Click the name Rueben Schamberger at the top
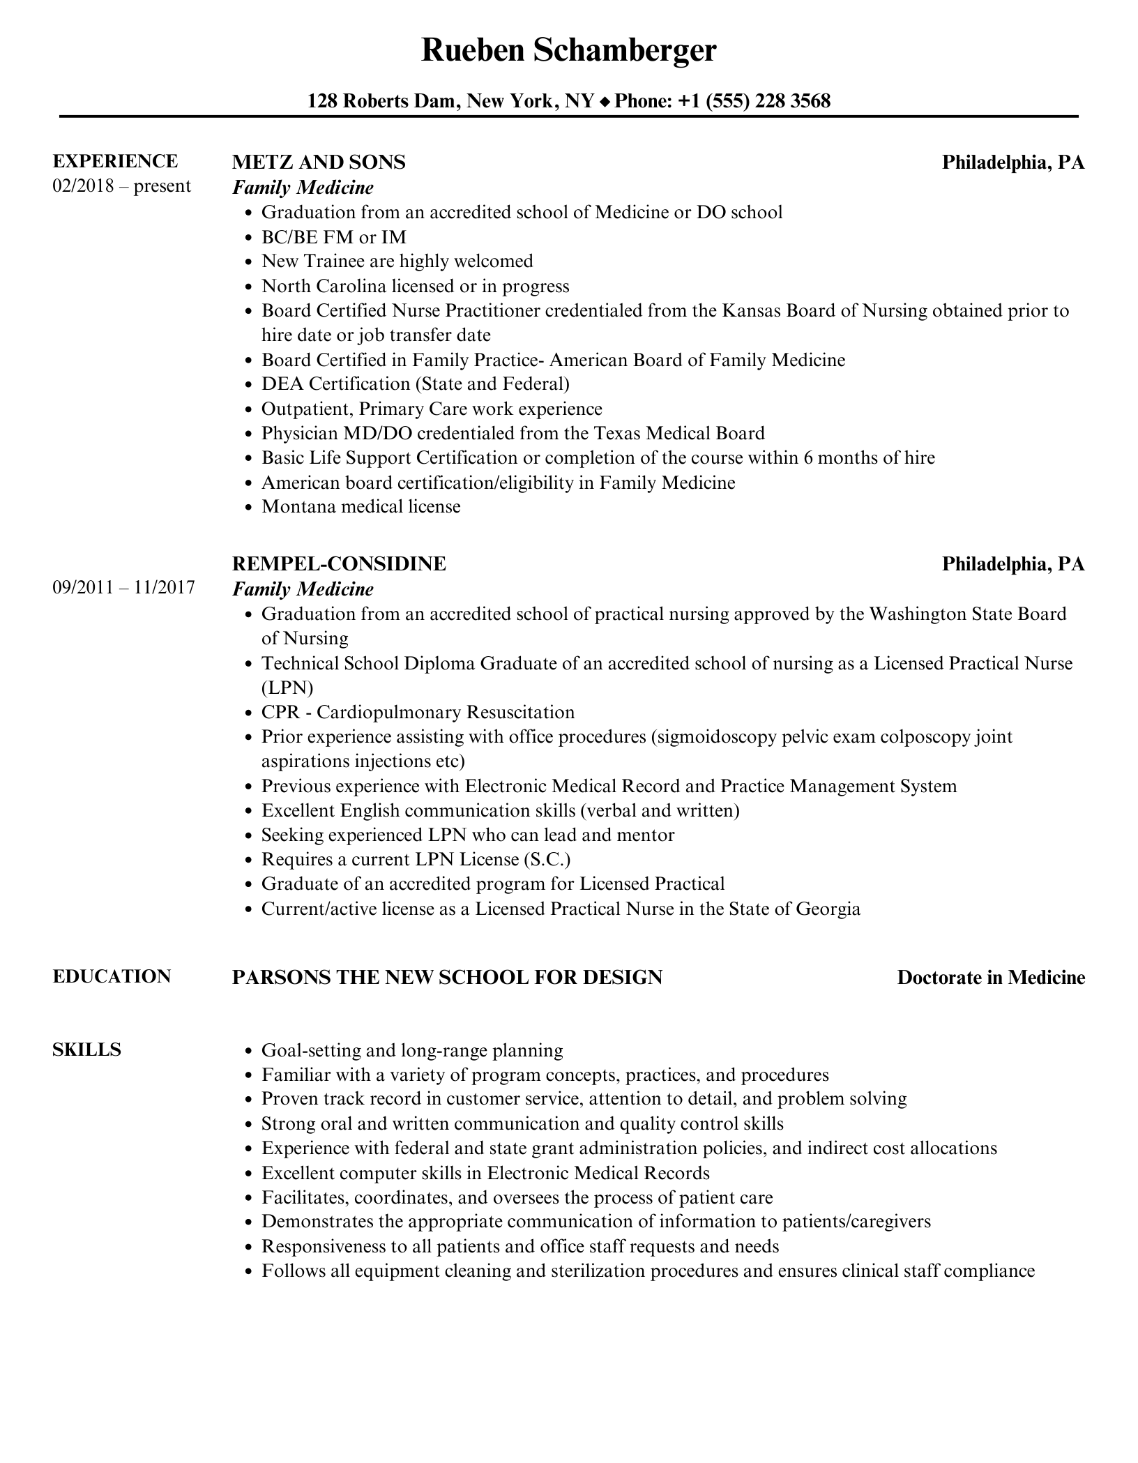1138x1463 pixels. (x=568, y=51)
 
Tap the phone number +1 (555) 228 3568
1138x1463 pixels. (x=754, y=102)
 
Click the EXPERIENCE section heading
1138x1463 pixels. (x=115, y=161)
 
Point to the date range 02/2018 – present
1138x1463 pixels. (x=121, y=186)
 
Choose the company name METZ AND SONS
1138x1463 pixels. (x=319, y=162)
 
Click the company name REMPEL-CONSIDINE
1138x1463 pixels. (x=339, y=564)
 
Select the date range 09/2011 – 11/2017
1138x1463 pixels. (x=123, y=588)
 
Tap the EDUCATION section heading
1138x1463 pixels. (x=112, y=976)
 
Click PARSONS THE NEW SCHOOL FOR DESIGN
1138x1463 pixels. (x=447, y=978)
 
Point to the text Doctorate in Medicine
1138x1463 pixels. (x=991, y=978)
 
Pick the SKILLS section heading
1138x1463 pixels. (x=86, y=1049)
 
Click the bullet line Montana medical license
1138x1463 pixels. (x=361, y=507)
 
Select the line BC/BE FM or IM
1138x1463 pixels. (x=333, y=237)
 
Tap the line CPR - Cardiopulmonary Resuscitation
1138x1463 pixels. (x=418, y=712)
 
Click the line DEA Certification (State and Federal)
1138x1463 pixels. (x=415, y=384)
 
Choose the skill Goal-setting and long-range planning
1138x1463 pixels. (x=412, y=1050)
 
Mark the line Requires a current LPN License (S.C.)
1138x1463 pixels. (x=416, y=859)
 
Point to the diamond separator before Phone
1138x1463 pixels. (x=605, y=103)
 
